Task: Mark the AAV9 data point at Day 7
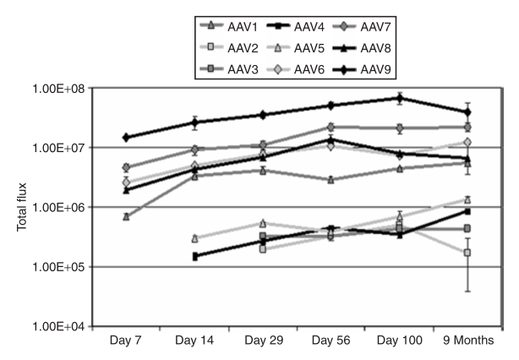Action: click(126, 137)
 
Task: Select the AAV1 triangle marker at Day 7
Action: click(126, 216)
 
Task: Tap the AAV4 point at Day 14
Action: click(194, 256)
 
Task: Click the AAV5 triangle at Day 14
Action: click(194, 238)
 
